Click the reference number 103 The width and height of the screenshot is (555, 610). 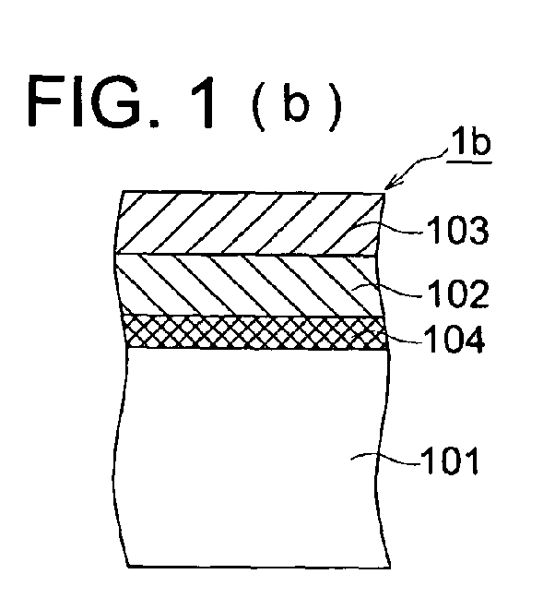tap(457, 231)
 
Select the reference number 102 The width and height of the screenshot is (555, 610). tap(457, 293)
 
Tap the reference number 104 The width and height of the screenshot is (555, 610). tap(454, 339)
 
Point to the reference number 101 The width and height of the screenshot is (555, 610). tap(450, 460)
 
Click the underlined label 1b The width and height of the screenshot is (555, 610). tap(470, 143)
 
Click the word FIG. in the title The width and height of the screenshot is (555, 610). tap(93, 102)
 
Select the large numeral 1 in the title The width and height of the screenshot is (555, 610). tap(203, 102)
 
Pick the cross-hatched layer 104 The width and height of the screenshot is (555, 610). tap(255, 331)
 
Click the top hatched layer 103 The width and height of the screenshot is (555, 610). tap(249, 222)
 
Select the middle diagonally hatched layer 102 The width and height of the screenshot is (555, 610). tap(249, 285)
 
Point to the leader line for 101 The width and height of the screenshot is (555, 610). tap(384, 459)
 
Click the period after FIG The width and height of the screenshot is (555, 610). tap(155, 124)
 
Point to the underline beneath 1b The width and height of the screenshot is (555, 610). tap(468, 161)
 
